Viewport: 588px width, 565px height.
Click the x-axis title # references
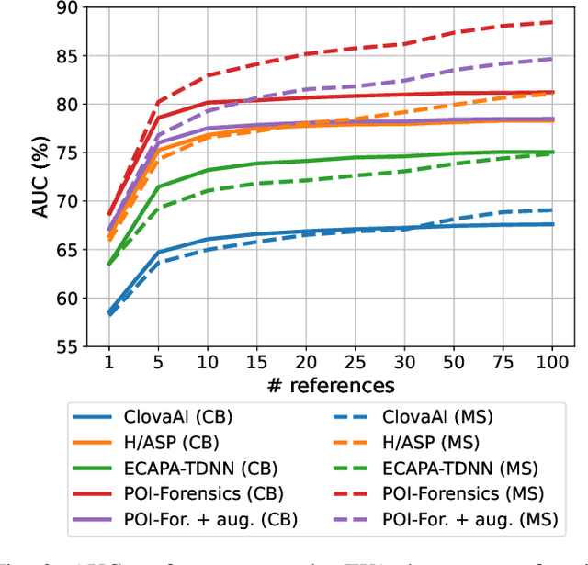(x=330, y=385)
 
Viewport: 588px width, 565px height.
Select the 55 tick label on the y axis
(x=70, y=346)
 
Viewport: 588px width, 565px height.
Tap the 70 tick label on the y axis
(x=70, y=201)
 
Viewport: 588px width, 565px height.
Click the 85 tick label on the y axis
(x=70, y=57)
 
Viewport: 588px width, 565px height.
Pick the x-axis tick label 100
(x=553, y=361)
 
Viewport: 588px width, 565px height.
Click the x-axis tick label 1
(x=108, y=361)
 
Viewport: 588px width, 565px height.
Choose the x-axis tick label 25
(x=356, y=361)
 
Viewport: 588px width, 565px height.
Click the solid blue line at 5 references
(x=158, y=252)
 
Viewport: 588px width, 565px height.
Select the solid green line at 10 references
(x=208, y=170)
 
